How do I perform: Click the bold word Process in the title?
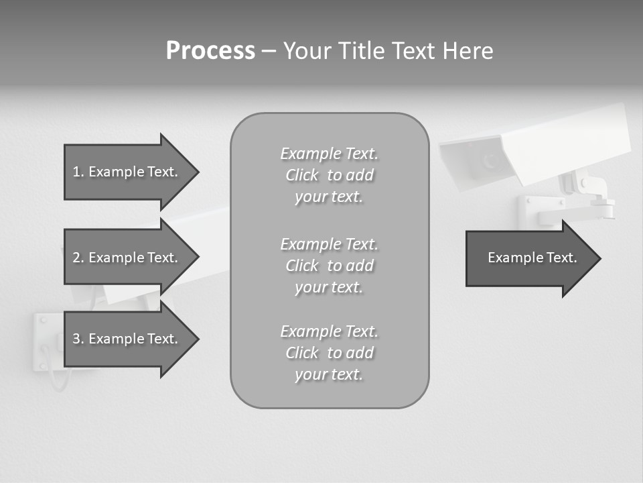(210, 51)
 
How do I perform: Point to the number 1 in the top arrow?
(76, 172)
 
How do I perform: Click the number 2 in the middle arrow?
(76, 258)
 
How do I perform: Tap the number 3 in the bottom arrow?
(76, 339)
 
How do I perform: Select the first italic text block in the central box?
(329, 175)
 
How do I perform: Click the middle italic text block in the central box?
(329, 266)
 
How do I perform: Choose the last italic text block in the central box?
(329, 353)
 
